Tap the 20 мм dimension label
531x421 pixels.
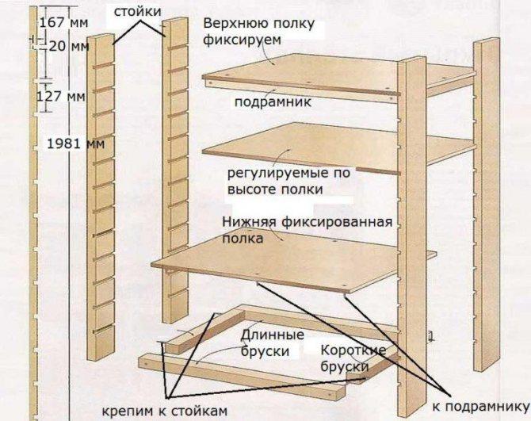69,47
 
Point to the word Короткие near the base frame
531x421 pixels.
353,350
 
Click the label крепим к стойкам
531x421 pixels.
166,409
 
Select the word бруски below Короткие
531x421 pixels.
346,367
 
